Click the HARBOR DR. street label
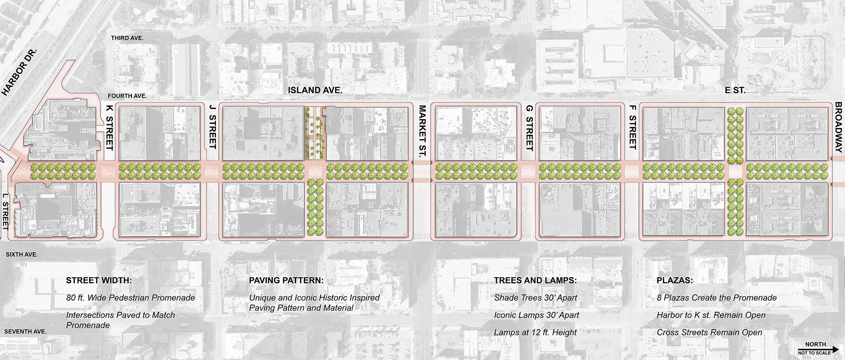(20, 72)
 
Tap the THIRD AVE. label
(127, 38)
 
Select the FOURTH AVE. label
(127, 96)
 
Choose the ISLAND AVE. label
(315, 90)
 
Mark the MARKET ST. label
(422, 132)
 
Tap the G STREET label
(529, 128)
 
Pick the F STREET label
(632, 127)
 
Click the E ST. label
(735, 90)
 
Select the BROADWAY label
(839, 127)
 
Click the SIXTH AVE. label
(22, 254)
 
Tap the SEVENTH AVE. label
(25, 332)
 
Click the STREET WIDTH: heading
(99, 280)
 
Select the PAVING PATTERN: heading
(286, 280)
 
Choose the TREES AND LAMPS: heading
(535, 280)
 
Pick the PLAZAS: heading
(675, 280)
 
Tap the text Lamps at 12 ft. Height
(535, 333)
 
